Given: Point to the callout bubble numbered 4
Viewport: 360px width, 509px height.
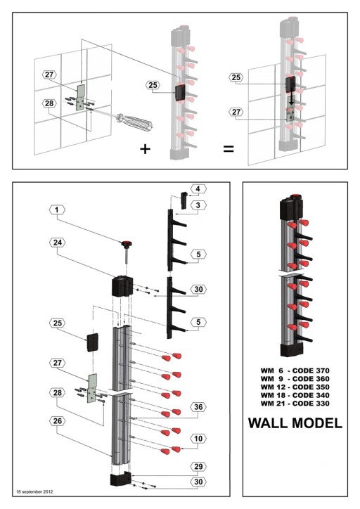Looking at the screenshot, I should coord(198,188).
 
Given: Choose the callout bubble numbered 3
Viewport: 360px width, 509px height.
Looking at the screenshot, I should coord(198,205).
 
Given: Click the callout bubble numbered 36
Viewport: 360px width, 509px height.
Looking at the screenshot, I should coord(198,406).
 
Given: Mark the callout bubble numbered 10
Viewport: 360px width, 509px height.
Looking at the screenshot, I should coord(198,439).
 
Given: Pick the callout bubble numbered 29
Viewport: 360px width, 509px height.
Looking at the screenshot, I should coord(198,465).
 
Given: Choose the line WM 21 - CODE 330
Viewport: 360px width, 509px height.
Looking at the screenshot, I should coord(295,403).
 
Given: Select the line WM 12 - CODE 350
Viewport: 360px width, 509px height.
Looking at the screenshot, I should coord(295,387).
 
